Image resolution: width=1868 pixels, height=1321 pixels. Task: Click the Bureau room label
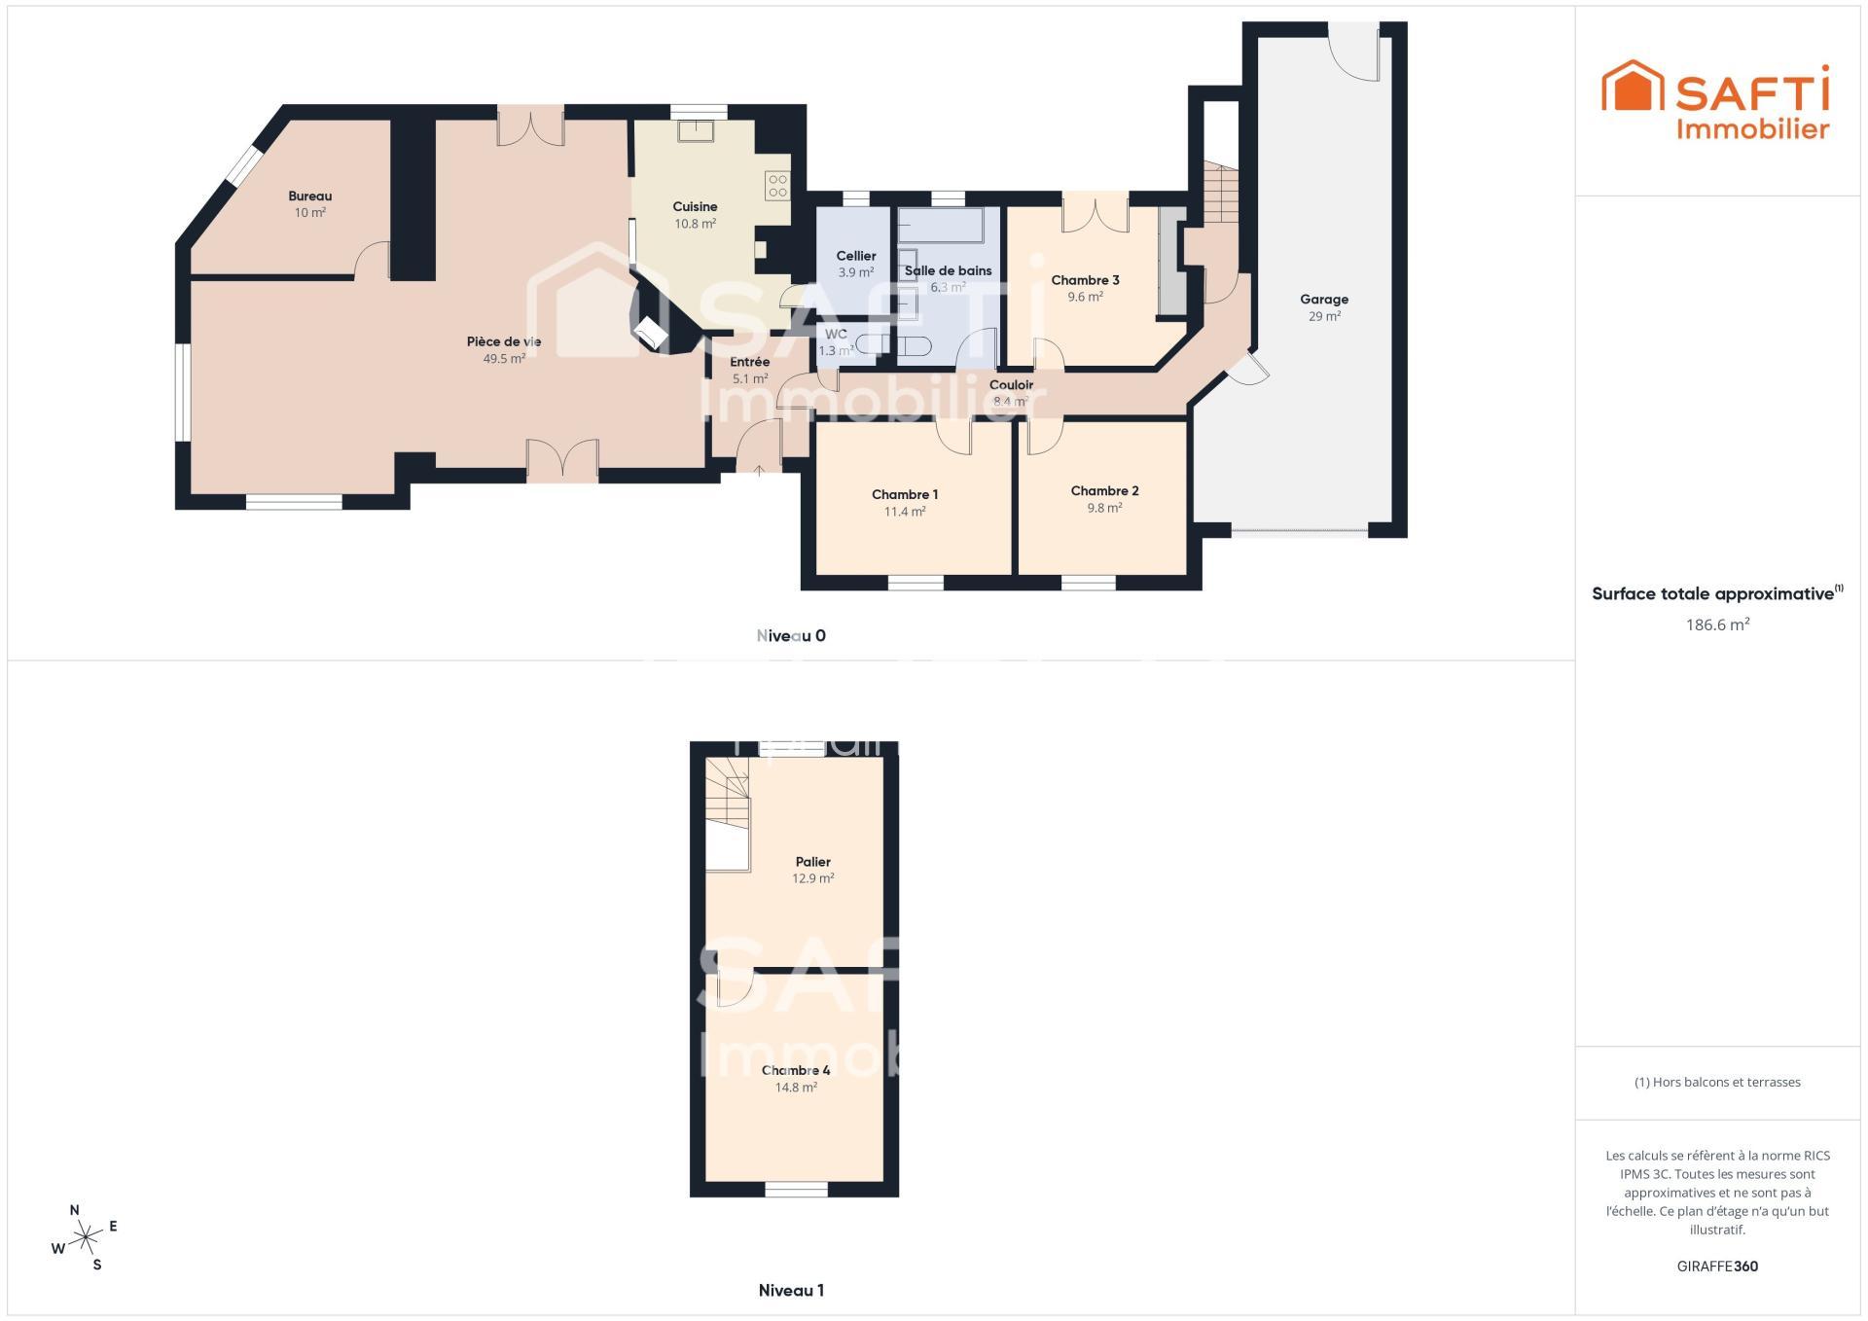309,196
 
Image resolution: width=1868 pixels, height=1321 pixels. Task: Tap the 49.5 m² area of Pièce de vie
504,359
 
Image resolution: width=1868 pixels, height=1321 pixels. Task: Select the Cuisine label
695,206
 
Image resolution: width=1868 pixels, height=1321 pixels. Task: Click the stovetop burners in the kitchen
777,186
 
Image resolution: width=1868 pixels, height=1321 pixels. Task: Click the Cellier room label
856,256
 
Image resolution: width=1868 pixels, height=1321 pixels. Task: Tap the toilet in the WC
914,345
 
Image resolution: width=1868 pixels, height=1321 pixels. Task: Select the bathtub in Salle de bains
941,225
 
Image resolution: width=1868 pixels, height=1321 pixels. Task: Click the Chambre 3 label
1085,280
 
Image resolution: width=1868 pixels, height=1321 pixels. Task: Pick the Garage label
1324,300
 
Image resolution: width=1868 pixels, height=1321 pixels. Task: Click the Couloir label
1011,385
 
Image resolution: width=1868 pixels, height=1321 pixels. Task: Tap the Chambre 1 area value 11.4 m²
905,512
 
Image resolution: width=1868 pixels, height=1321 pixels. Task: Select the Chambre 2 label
1104,491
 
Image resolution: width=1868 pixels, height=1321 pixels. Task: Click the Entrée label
750,362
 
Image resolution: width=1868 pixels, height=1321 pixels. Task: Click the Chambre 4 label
796,1071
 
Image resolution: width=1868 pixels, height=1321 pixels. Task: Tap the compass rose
87,1237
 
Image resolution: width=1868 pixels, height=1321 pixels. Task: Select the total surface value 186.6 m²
1717,625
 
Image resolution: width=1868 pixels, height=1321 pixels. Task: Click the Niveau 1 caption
791,1291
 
